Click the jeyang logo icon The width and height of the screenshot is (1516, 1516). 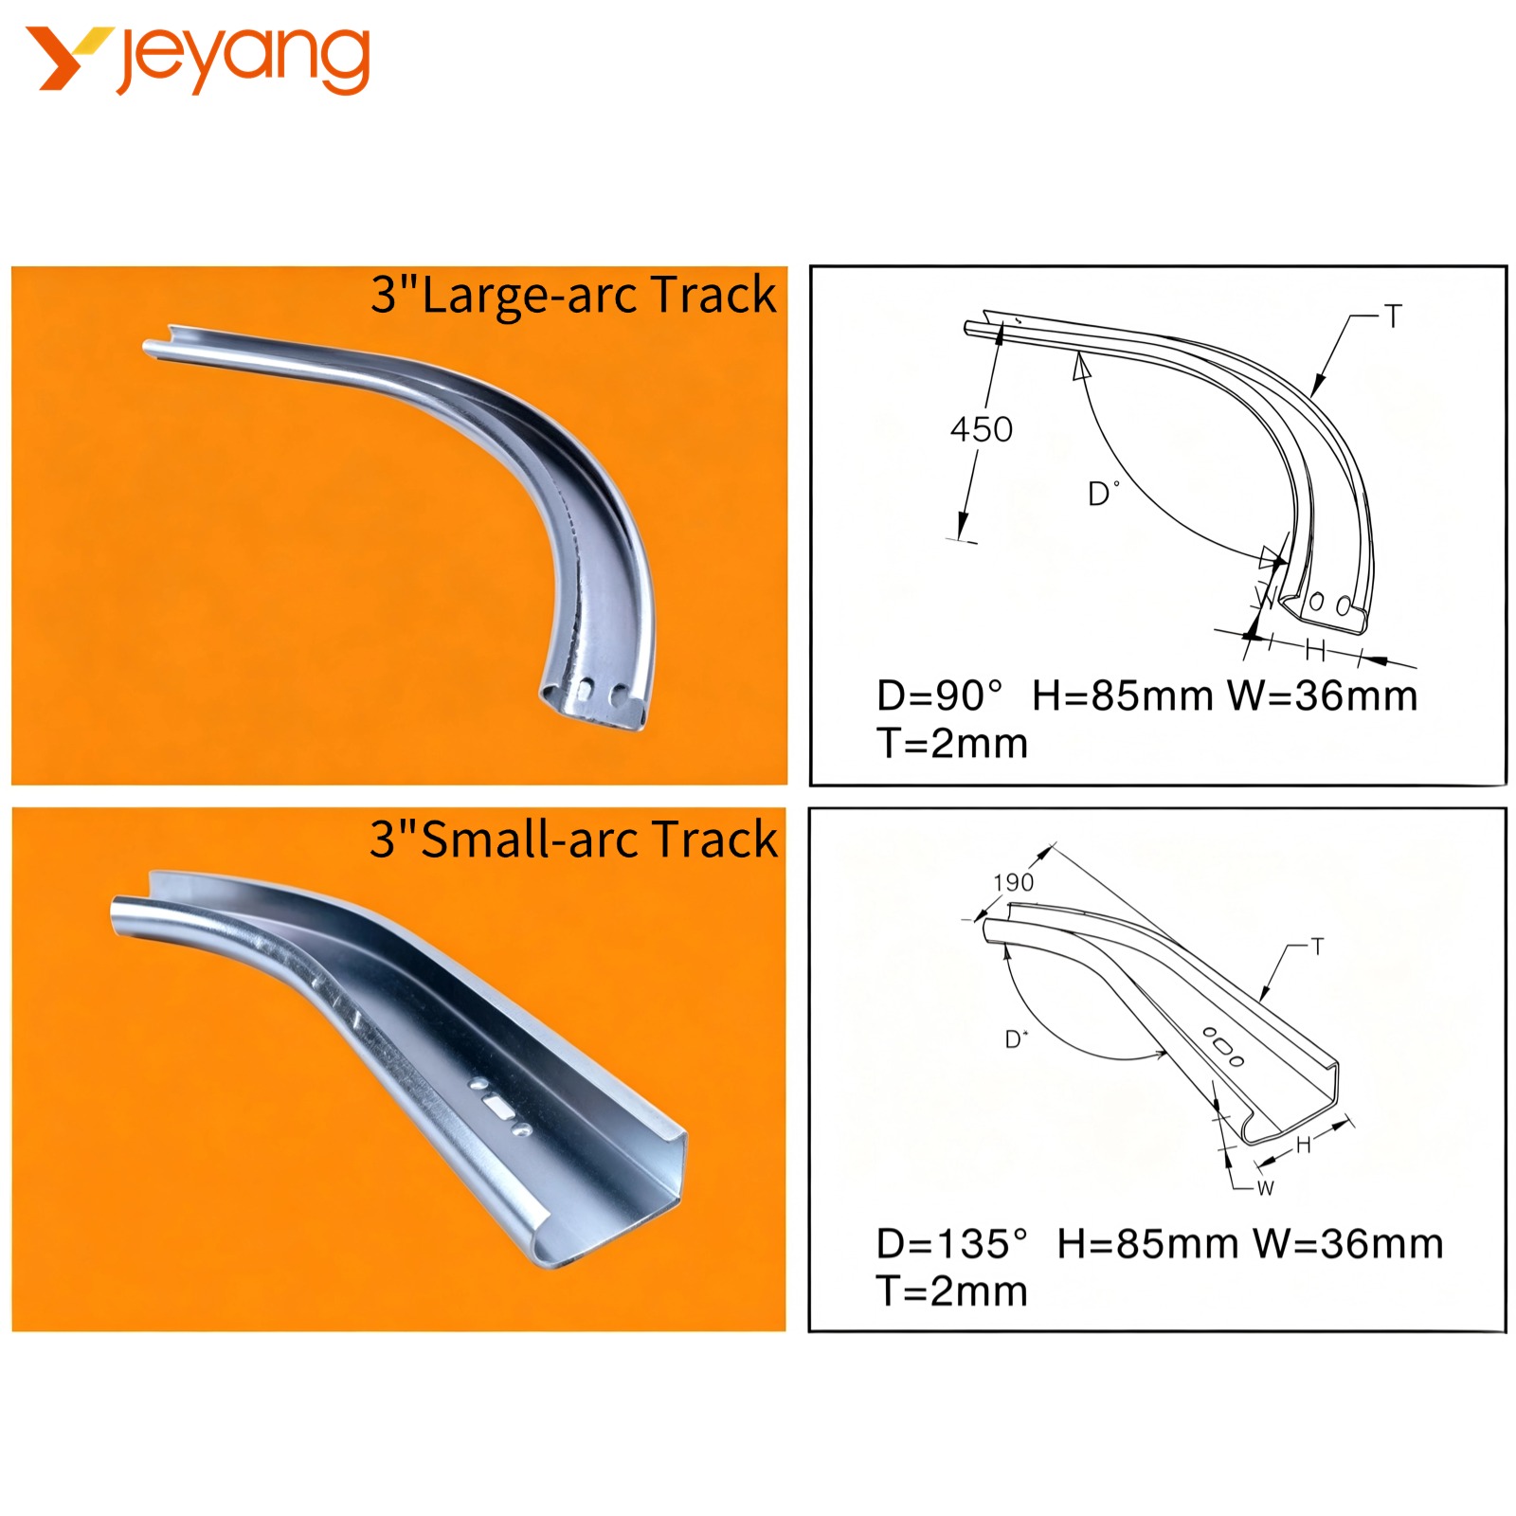point(69,59)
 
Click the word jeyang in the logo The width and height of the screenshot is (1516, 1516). point(244,60)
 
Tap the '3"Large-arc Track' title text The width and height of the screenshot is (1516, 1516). point(573,295)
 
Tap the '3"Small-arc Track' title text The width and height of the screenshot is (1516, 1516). point(573,839)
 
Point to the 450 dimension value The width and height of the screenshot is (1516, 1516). point(982,429)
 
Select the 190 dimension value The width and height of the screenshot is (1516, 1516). point(1013,882)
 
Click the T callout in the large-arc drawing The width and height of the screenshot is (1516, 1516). point(1392,316)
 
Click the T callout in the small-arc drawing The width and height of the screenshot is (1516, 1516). point(1317,947)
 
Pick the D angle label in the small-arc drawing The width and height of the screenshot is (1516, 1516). point(1016,1039)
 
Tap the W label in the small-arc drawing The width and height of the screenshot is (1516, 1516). point(1266,1188)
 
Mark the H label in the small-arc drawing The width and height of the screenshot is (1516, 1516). point(1304,1146)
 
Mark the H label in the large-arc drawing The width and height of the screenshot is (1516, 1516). point(1315,650)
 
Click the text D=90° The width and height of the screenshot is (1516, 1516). point(939,695)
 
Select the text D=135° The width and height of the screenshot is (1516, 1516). point(951,1243)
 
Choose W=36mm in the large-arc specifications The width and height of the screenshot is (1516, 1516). point(1322,695)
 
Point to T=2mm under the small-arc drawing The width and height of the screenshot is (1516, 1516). point(951,1290)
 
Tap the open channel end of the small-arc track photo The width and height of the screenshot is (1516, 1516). point(606,1199)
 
